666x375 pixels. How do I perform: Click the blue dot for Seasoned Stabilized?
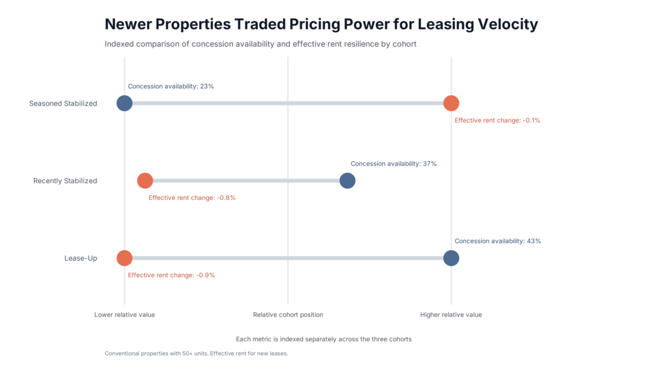coord(124,103)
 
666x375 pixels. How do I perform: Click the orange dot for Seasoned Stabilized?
coord(451,103)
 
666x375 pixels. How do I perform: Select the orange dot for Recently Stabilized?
coord(145,181)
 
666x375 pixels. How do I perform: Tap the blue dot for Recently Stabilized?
coord(347,181)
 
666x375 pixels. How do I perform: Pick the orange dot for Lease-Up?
coord(124,258)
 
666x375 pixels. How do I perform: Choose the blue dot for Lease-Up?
coord(451,258)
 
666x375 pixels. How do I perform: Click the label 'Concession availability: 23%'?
coord(171,87)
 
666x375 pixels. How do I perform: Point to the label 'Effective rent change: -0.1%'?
coord(497,121)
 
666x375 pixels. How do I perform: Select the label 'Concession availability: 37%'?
coord(393,164)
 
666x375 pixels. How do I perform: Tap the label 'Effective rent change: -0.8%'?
coord(192,198)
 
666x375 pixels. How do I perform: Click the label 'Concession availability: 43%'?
coord(497,241)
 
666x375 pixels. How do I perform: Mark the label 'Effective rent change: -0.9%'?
coord(171,275)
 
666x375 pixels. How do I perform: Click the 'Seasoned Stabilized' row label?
coord(63,103)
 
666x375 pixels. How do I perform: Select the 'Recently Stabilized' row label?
coord(65,181)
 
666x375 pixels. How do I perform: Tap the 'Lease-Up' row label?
coord(80,258)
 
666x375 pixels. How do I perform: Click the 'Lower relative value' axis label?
coord(124,315)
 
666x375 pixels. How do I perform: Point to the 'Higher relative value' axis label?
coord(451,315)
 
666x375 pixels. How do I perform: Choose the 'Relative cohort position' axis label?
coord(288,315)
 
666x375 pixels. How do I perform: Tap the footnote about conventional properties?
coord(196,353)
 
